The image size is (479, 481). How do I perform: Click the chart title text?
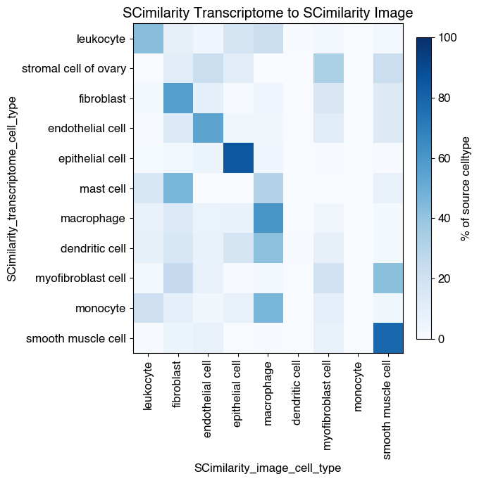click(268, 13)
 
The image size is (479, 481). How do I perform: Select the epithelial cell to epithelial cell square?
click(238, 158)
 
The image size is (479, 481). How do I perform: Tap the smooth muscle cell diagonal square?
click(389, 338)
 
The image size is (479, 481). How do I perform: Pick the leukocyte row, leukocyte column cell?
click(148, 38)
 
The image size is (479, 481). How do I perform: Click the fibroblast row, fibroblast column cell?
click(178, 98)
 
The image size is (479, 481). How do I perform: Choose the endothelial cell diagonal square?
click(208, 128)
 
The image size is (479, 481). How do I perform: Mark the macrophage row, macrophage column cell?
click(268, 218)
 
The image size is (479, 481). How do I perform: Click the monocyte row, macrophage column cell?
click(268, 308)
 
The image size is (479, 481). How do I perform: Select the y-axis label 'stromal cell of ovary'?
click(74, 68)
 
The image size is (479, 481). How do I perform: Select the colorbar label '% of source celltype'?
click(466, 188)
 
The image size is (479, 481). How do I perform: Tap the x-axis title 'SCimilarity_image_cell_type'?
click(268, 468)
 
